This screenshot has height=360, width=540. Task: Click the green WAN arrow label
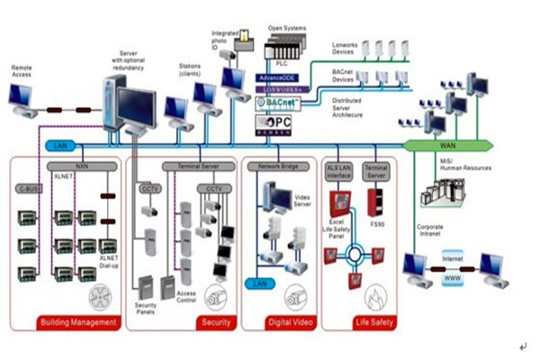pos(447,145)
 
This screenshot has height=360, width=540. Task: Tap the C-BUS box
pos(29,189)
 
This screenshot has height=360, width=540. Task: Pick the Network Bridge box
pos(278,167)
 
